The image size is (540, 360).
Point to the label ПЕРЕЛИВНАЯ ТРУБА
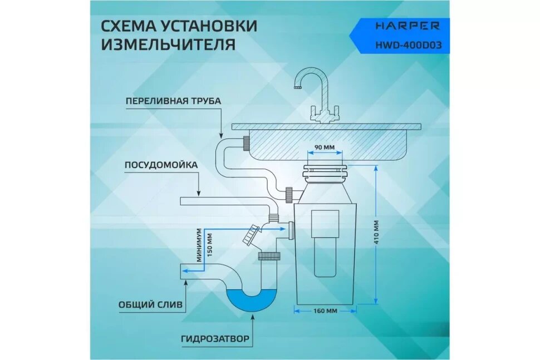coord(173,101)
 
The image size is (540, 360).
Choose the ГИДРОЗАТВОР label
coord(215,338)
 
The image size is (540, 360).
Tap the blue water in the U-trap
coord(253,301)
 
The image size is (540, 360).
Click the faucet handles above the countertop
coord(322,114)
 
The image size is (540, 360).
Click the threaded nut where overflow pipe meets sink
coord(246,143)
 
